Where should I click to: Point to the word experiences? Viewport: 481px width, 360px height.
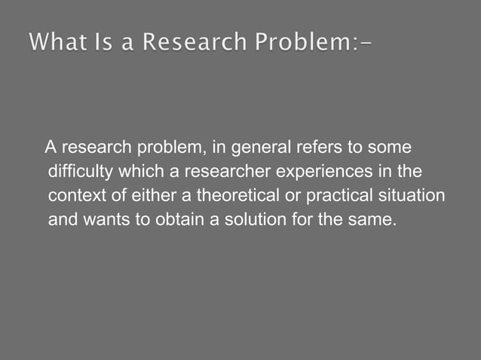click(323, 171)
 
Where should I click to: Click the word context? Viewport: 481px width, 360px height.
click(73, 196)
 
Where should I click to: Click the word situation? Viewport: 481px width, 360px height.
click(413, 196)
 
